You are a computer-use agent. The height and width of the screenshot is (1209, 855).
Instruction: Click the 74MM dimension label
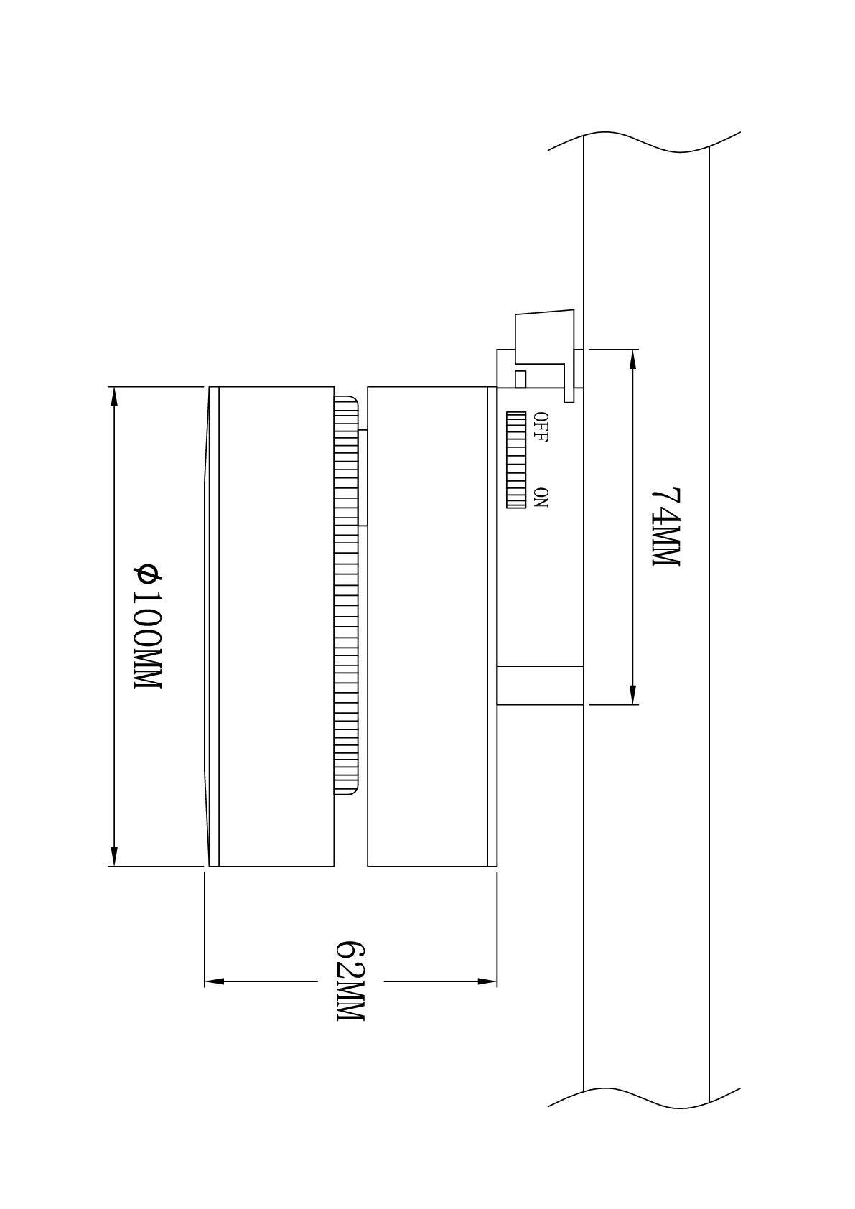pyautogui.click(x=667, y=527)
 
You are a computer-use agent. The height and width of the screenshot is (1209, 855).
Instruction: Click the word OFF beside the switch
pyautogui.click(x=541, y=427)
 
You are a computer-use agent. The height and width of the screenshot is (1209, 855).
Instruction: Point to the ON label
pyautogui.click(x=541, y=498)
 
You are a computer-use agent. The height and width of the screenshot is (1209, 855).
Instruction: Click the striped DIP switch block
pyautogui.click(x=516, y=460)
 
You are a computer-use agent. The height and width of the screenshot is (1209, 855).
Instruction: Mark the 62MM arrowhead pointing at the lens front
pyautogui.click(x=214, y=981)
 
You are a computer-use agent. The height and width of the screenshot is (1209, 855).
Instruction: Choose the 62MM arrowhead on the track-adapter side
pyautogui.click(x=487, y=981)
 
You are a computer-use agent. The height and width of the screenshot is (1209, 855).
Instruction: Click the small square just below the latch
pyautogui.click(x=521, y=379)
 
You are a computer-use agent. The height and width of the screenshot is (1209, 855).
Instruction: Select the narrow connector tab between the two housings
pyautogui.click(x=363, y=477)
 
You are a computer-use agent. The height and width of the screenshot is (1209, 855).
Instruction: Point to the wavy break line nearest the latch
pyautogui.click(x=644, y=142)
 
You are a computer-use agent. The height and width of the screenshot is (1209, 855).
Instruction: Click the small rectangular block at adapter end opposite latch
pyautogui.click(x=541, y=686)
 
